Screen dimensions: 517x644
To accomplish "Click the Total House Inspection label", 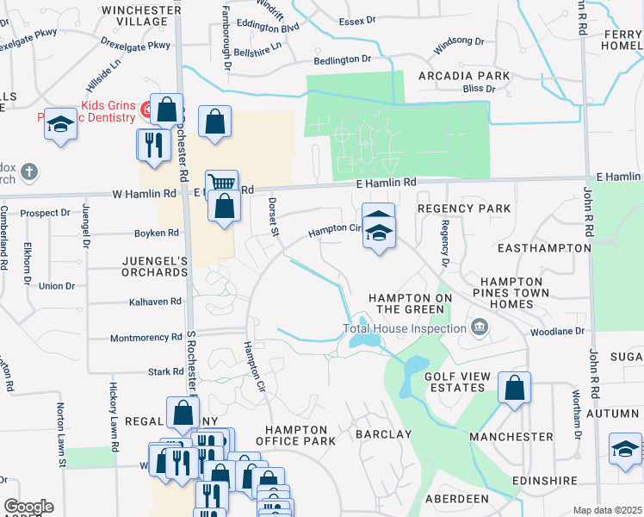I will [x=404, y=328].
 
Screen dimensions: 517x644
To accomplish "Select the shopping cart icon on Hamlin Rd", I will [x=223, y=183].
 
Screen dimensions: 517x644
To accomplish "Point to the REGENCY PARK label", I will [x=464, y=209].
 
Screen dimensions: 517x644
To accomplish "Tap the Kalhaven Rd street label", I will [x=155, y=302].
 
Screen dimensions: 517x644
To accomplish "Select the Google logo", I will [x=28, y=507].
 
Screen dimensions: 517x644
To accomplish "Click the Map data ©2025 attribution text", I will [x=607, y=510].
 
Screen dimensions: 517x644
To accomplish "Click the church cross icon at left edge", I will [x=29, y=171].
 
